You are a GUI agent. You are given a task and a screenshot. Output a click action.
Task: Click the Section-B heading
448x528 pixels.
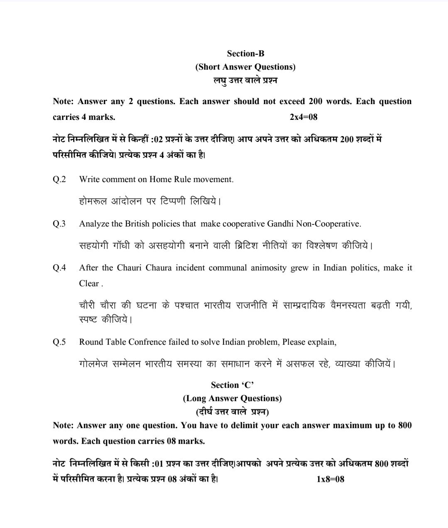[x=245, y=54]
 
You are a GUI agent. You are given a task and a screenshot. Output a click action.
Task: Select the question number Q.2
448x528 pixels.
[x=59, y=179]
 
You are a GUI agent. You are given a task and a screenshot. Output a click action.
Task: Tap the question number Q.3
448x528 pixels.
[x=59, y=224]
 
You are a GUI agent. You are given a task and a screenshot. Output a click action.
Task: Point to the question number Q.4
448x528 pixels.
[x=59, y=268]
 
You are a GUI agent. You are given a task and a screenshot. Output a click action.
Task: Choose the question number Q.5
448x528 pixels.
[x=59, y=342]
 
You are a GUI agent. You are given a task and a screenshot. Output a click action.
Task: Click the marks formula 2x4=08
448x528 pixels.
[x=304, y=117]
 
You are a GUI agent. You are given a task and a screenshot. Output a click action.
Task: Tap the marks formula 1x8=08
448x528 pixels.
[x=330, y=479]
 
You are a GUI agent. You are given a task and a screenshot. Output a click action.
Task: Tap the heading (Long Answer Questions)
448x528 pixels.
[x=232, y=398]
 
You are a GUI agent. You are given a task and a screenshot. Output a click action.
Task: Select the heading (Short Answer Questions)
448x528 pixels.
[x=245, y=67]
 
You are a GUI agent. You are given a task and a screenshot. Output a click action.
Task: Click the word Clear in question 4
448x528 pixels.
[x=89, y=283]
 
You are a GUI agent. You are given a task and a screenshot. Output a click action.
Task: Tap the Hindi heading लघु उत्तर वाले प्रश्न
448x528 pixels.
[x=245, y=80]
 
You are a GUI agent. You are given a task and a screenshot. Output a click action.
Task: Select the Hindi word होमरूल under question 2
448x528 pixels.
[x=93, y=202]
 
